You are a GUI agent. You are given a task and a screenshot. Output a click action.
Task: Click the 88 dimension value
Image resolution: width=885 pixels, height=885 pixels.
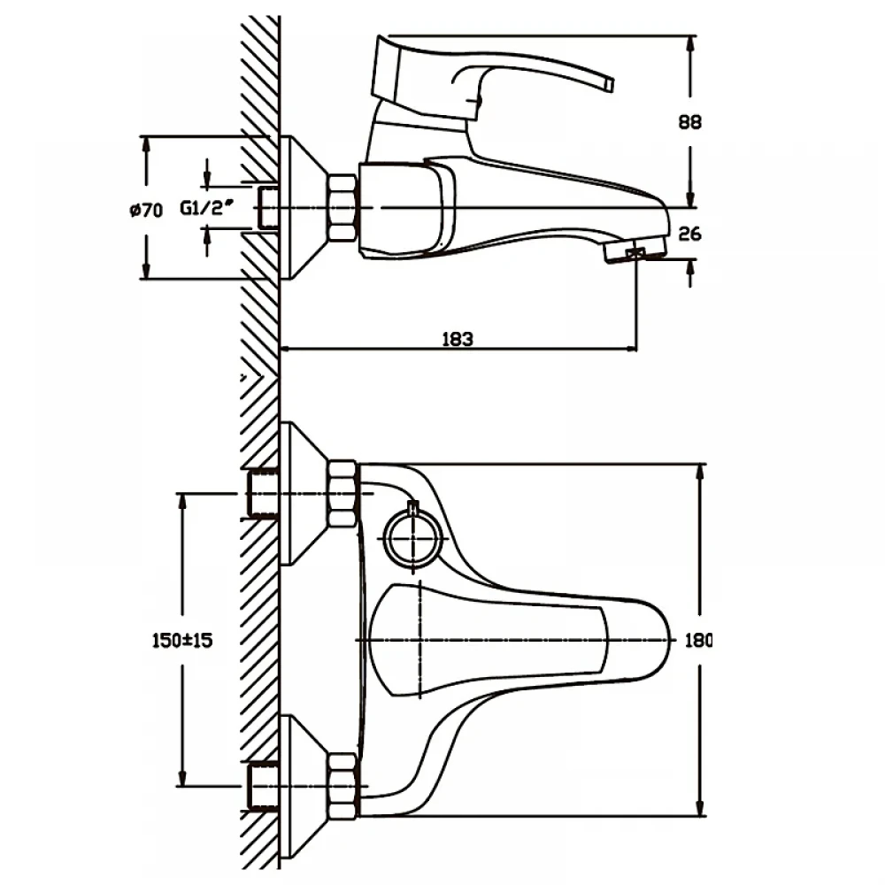(689, 122)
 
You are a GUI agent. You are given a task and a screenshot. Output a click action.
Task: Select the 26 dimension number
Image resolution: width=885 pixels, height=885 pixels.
(689, 233)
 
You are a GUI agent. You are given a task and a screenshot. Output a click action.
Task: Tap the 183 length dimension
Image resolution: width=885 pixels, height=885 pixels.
(458, 339)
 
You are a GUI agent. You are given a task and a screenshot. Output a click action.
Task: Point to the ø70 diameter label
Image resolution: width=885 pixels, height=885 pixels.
(146, 211)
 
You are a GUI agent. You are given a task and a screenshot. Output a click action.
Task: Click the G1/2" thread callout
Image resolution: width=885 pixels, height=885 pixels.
(206, 208)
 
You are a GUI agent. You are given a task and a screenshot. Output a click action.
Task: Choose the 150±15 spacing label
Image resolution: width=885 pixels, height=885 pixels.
(182, 641)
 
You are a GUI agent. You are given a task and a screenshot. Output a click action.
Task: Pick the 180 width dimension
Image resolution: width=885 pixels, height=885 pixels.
(698, 641)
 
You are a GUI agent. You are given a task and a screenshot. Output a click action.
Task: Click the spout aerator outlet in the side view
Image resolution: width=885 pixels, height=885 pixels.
(635, 251)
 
